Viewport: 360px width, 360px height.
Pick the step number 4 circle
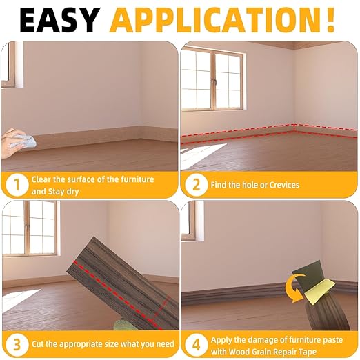pyautogui.click(x=196, y=343)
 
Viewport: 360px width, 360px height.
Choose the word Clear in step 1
pyautogui.click(x=43, y=179)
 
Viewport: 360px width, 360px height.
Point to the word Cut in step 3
pyautogui.click(x=39, y=343)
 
